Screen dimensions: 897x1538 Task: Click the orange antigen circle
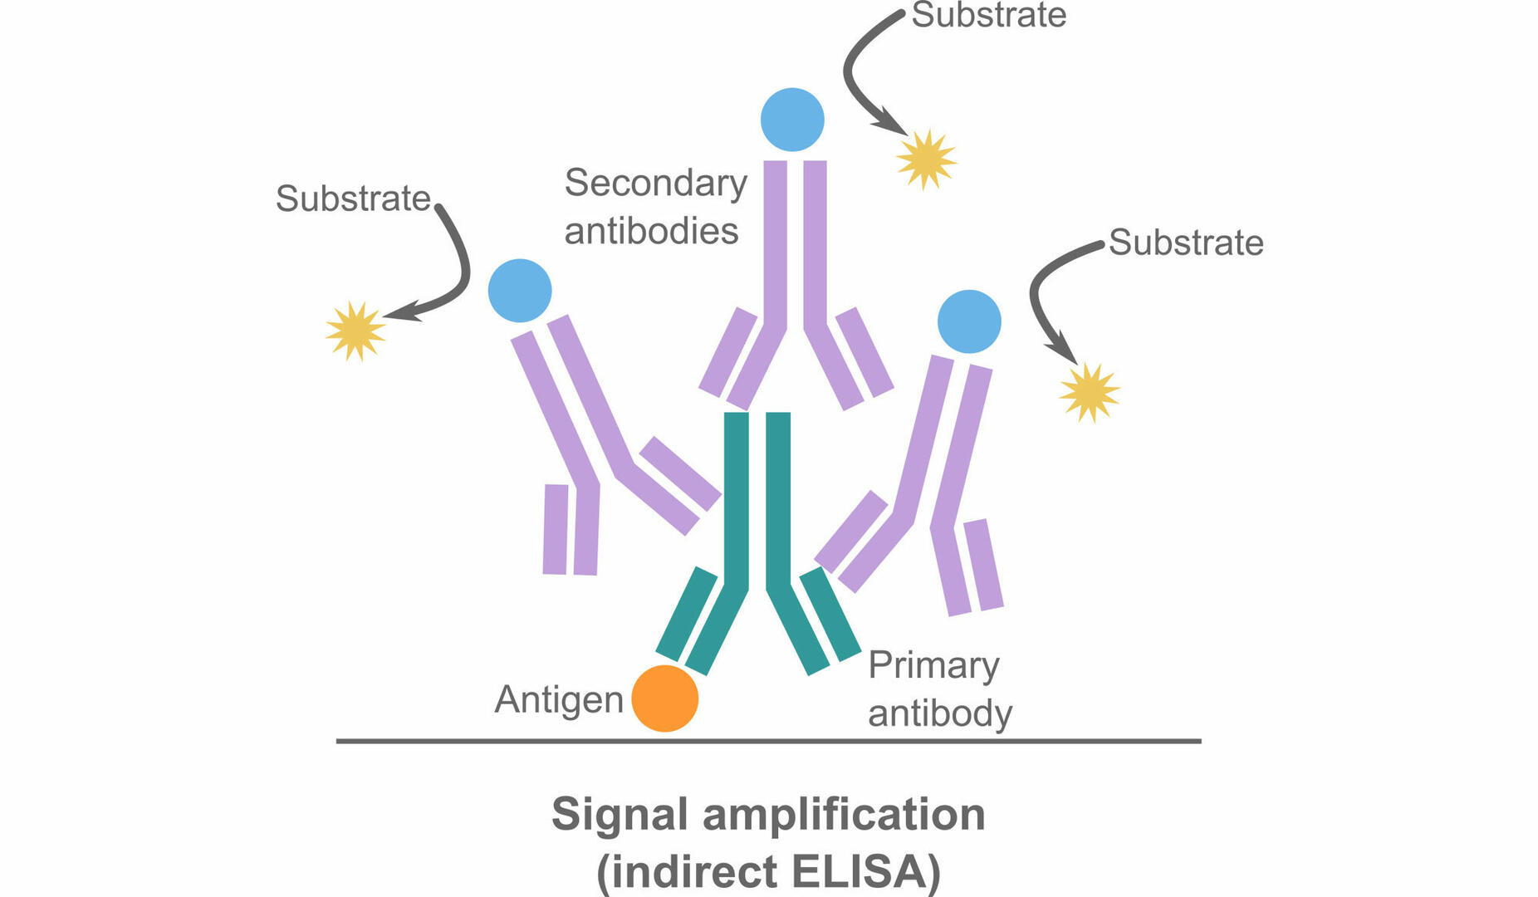pyautogui.click(x=664, y=698)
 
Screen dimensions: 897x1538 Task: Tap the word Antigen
pyautogui.click(x=558, y=700)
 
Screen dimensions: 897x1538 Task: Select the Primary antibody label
pyautogui.click(x=939, y=689)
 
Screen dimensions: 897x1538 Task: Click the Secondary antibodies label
pyautogui.click(x=654, y=207)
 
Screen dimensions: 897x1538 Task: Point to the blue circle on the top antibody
pyautogui.click(x=792, y=120)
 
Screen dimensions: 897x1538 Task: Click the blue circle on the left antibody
pyautogui.click(x=520, y=291)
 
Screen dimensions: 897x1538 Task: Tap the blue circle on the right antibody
pyautogui.click(x=969, y=321)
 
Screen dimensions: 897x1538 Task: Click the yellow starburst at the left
pyautogui.click(x=355, y=331)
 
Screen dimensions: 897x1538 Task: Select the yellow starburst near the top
pyautogui.click(x=926, y=159)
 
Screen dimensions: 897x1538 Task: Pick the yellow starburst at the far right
pyautogui.click(x=1089, y=392)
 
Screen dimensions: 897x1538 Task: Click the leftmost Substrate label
pyautogui.click(x=353, y=199)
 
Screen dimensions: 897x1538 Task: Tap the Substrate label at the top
pyautogui.click(x=988, y=15)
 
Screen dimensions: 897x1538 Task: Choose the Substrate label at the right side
pyautogui.click(x=1186, y=243)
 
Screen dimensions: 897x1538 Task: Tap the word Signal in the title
pyautogui.click(x=620, y=814)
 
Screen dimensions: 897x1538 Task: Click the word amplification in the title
pyautogui.click(x=844, y=814)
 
